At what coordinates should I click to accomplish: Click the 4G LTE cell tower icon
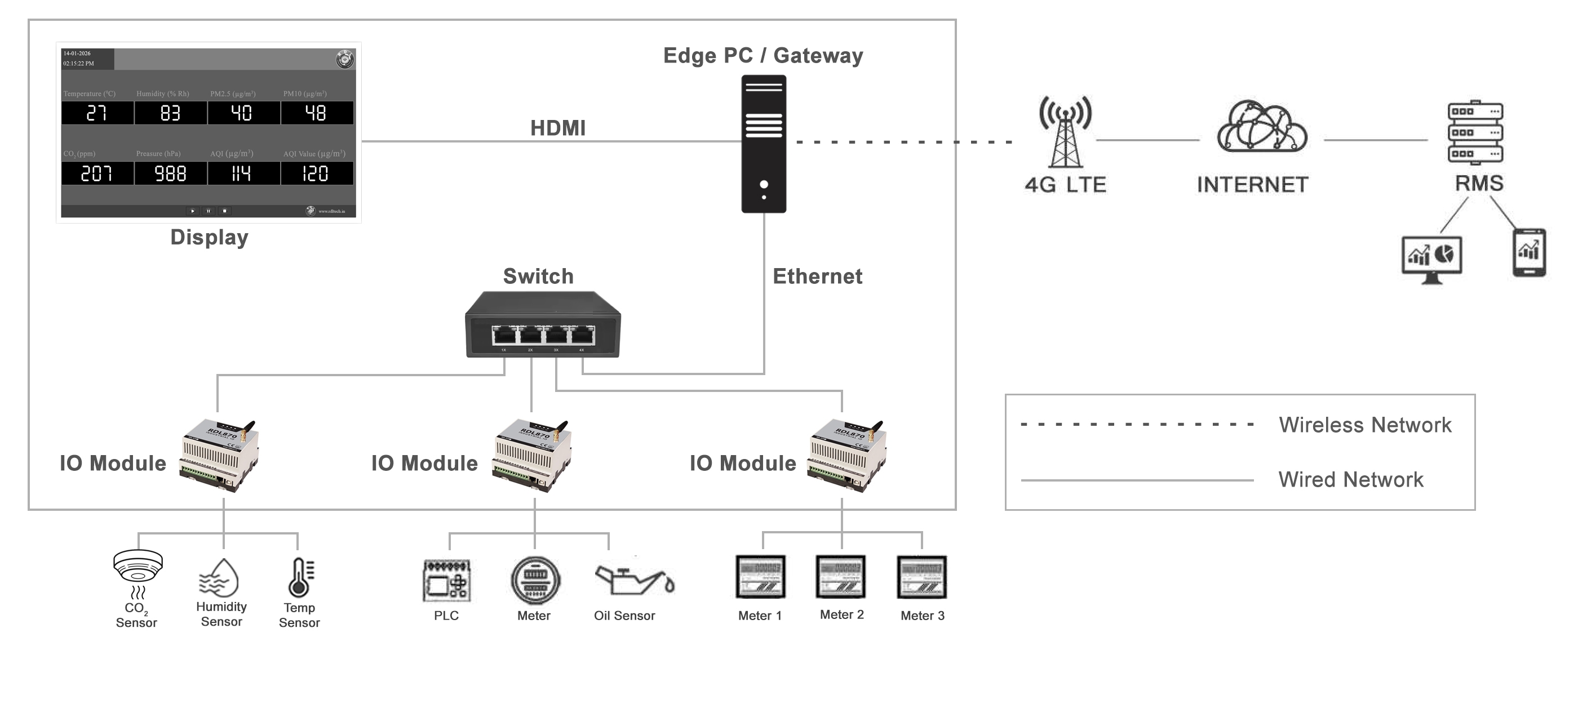[1065, 132]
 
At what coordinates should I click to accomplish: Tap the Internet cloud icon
[1262, 127]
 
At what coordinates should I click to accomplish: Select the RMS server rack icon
[1475, 132]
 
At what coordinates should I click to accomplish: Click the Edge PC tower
[764, 144]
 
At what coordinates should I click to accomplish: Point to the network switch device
[543, 325]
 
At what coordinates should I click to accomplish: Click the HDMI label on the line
[557, 128]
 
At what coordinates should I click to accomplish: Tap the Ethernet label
[817, 276]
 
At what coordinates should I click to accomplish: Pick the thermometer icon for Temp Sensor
[300, 577]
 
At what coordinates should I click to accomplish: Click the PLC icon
[446, 580]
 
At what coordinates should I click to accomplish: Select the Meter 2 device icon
[840, 576]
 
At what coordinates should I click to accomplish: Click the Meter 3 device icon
[921, 577]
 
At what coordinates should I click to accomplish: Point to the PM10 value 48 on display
[316, 113]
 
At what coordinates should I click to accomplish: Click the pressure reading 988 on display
[170, 174]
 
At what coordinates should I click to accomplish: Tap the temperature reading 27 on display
[96, 113]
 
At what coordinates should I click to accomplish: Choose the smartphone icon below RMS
[1529, 252]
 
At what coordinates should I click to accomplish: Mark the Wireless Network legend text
[1365, 425]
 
